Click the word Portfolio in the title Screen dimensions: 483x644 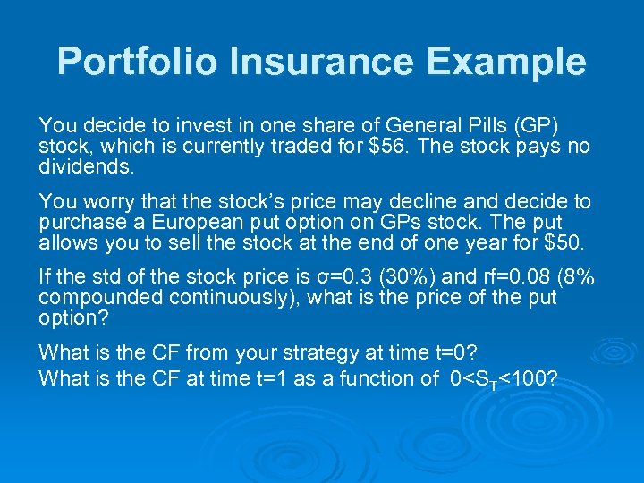[138, 62]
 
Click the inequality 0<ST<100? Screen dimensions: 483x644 [503, 379]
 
